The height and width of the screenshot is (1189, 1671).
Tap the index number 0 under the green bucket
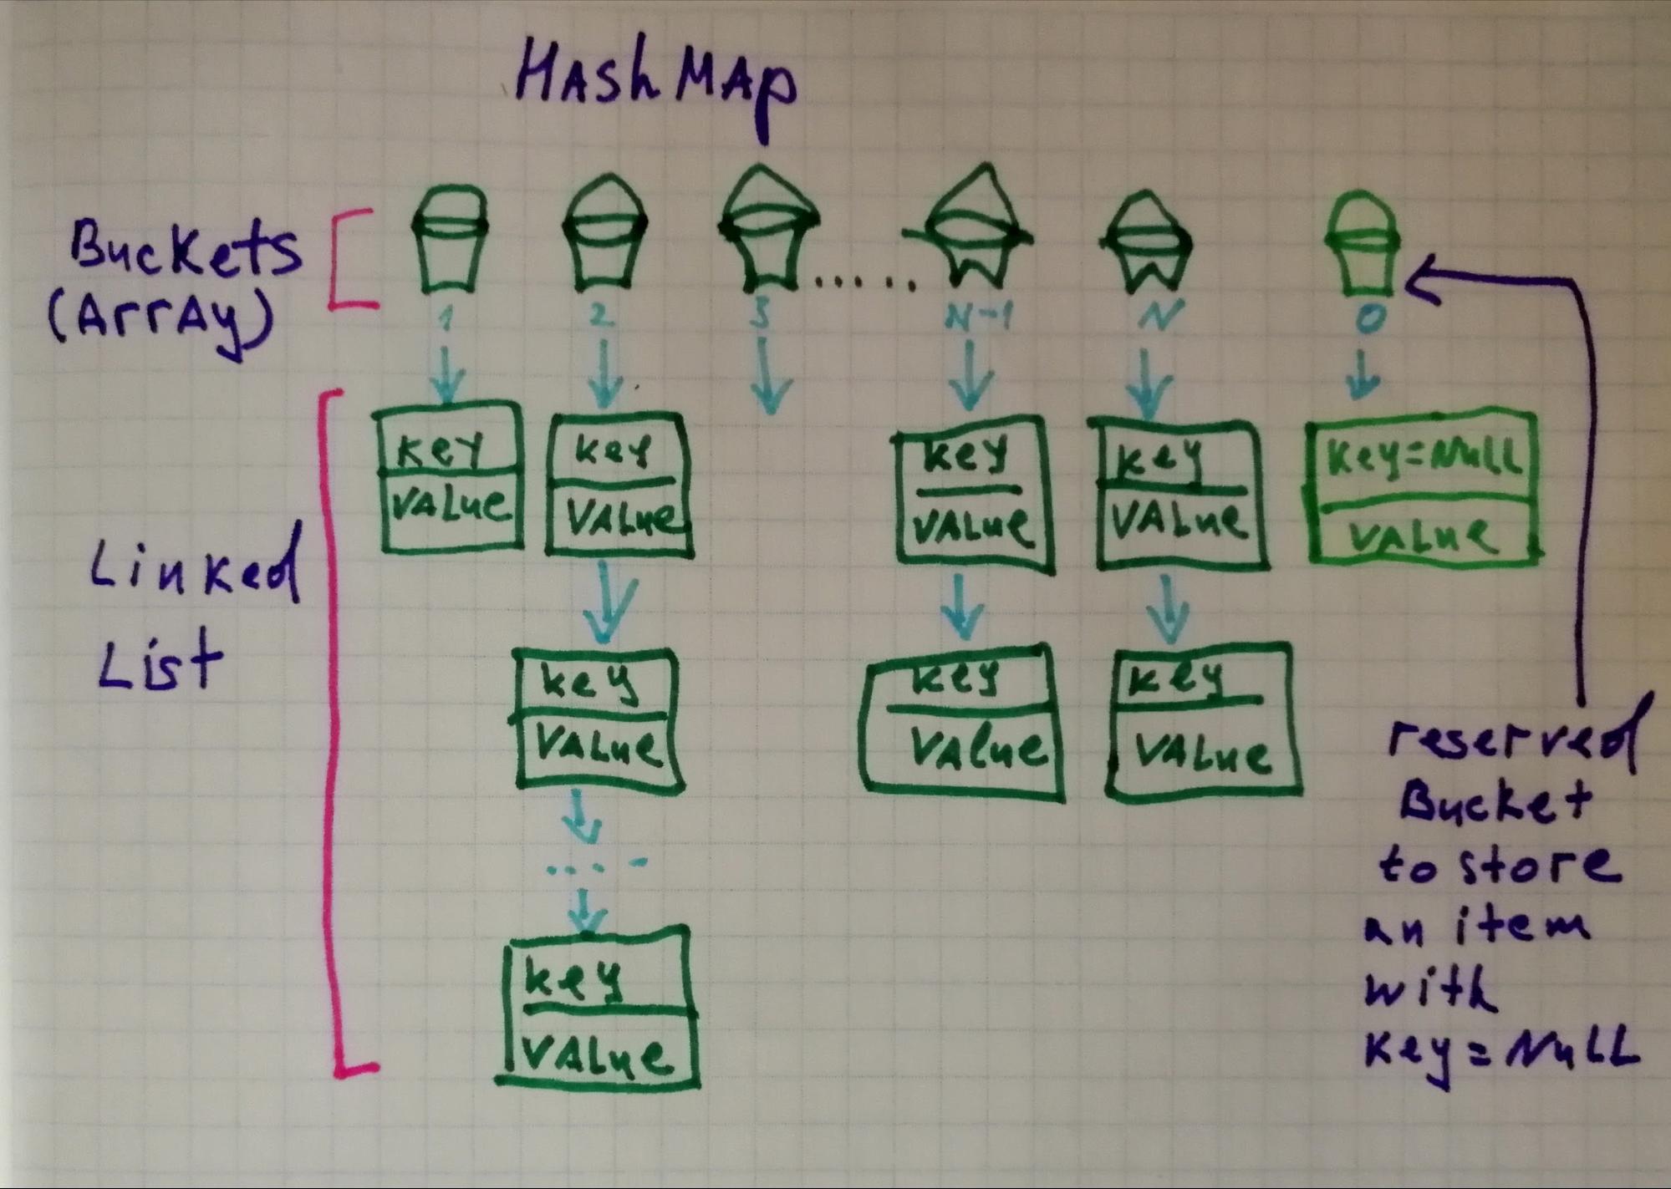pos(1368,320)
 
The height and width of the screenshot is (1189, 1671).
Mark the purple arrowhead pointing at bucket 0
pos(1421,282)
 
